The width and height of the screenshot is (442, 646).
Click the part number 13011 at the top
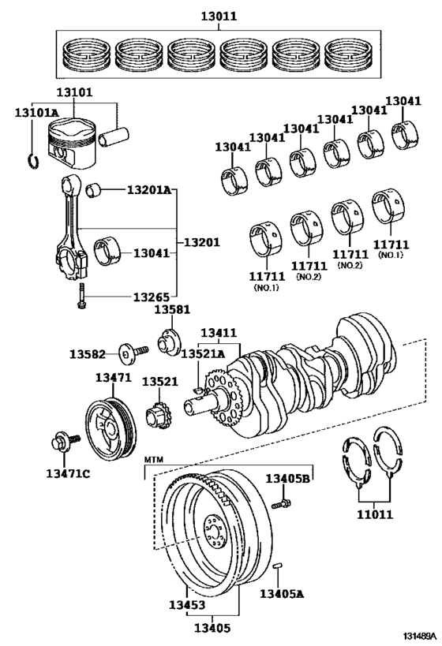[219, 16]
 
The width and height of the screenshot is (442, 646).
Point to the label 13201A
[147, 189]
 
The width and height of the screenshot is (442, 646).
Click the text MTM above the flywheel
[152, 458]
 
